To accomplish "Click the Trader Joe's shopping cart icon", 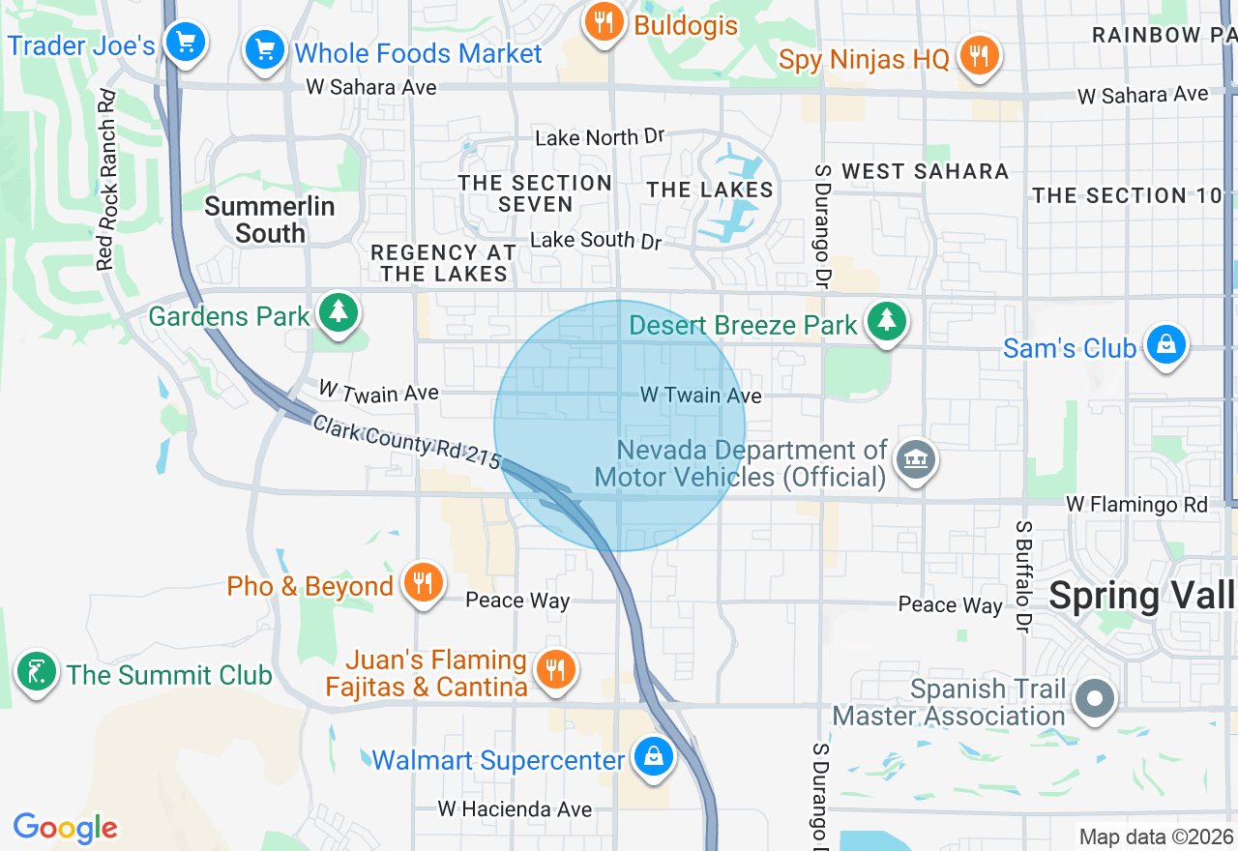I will pos(185,43).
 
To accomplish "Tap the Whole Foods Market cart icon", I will pos(263,50).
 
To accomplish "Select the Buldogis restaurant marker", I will pos(604,22).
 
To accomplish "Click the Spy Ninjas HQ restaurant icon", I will pos(979,56).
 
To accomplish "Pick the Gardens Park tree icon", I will pos(338,312).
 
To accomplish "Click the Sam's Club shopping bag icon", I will pos(1166,345).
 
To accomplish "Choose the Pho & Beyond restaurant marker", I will pos(423,583).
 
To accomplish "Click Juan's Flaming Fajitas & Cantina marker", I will pos(555,669).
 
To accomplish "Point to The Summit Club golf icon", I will pos(37,672).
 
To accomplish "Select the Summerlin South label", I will pos(270,220).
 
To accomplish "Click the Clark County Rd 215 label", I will pos(406,441).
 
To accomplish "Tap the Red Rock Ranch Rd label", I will pos(106,180).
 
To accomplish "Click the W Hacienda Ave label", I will pos(515,808).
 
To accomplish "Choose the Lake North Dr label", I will pos(600,137).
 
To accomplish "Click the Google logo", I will pos(66,828).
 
